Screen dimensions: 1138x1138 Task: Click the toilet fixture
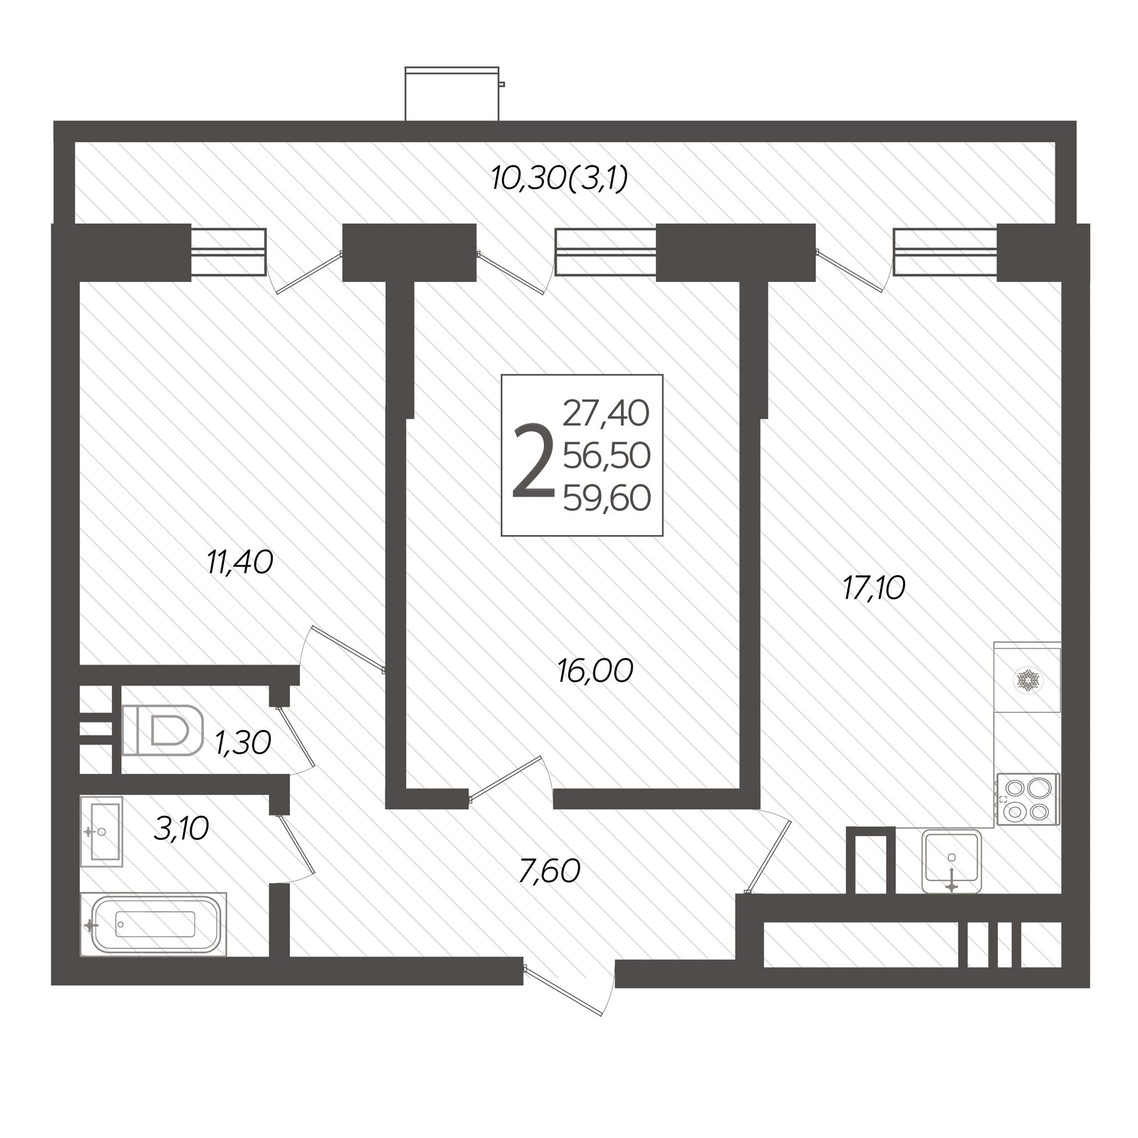point(163,731)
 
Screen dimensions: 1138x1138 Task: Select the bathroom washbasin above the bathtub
point(102,830)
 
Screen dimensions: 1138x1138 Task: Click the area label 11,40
point(240,562)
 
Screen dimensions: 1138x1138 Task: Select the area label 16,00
point(595,671)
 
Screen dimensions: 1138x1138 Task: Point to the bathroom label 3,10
point(181,828)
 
